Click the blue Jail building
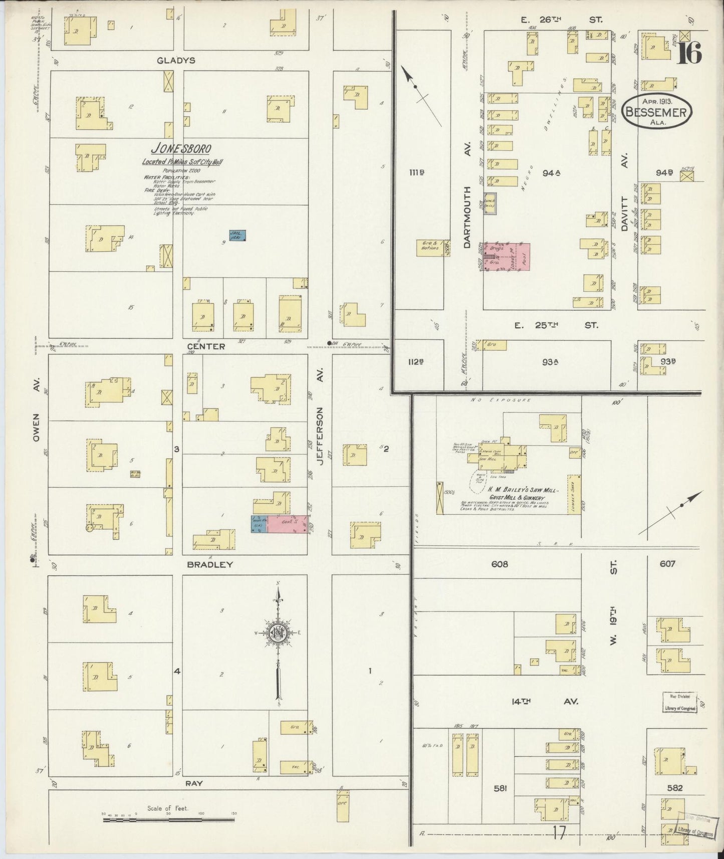237,235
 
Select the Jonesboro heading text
181,148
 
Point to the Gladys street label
175,60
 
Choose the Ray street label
194,783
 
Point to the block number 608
500,564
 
